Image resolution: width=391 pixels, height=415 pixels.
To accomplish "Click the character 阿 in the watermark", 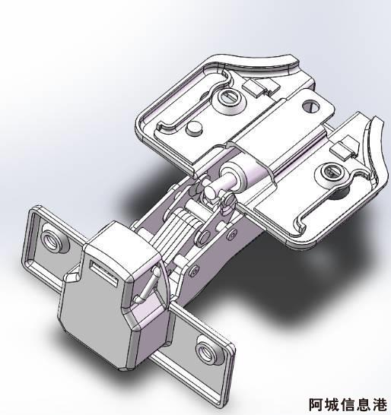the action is pos(316,404).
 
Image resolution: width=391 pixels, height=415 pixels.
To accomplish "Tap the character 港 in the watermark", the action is pos(379,404).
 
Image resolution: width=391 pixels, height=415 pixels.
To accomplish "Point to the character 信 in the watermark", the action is pos(348,404).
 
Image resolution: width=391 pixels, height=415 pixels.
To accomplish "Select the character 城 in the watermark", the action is pos(332,404).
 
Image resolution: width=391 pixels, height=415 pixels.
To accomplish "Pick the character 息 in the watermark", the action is pos(363,404).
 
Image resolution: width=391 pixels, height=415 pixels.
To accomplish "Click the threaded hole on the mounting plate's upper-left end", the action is pos(52,239).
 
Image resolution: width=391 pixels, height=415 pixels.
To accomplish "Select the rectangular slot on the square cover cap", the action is pos(104,273).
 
